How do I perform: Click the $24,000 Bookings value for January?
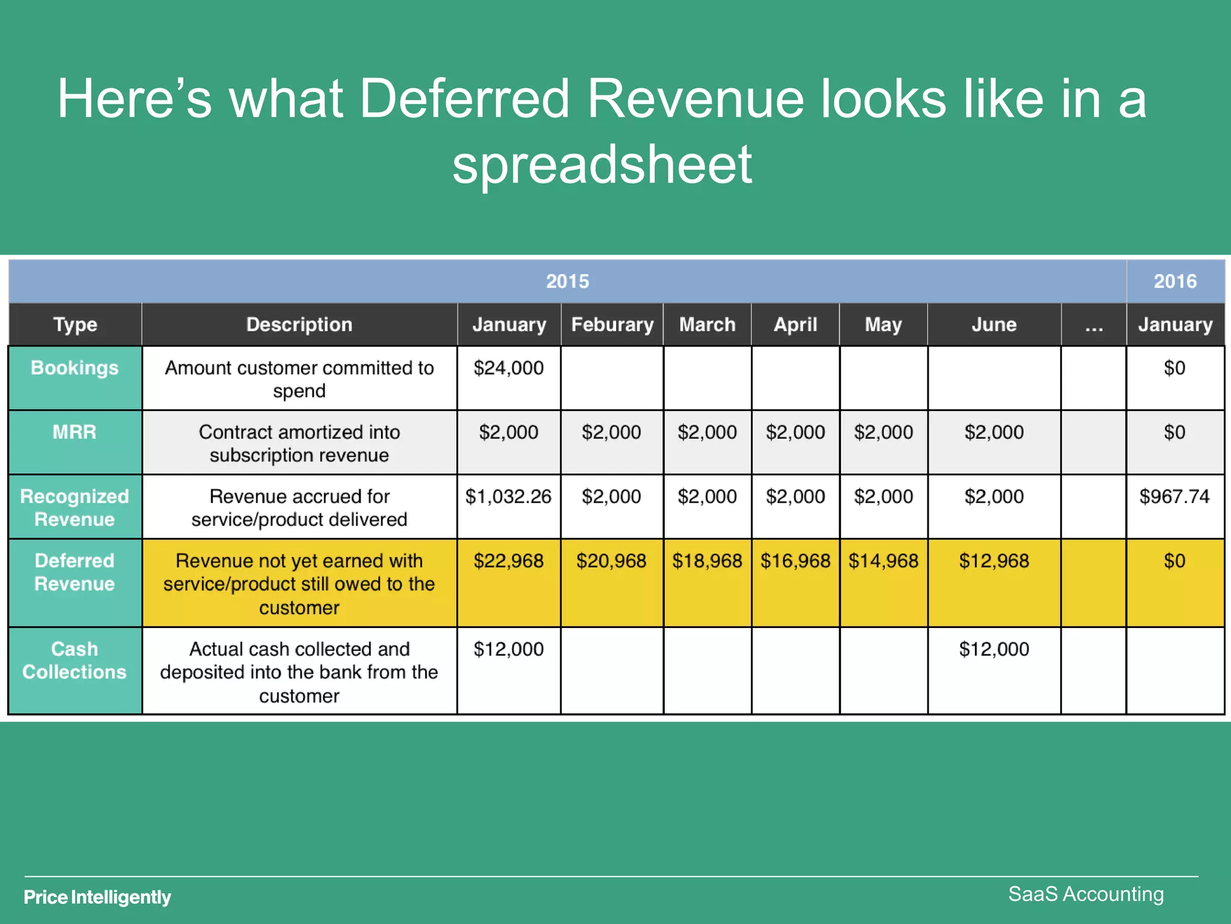509,368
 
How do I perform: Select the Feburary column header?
612,324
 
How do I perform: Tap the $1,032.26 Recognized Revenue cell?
509,496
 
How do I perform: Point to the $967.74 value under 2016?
1174,496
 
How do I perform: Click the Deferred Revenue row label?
75,572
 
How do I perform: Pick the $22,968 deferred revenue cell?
509,561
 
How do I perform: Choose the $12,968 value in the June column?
994,561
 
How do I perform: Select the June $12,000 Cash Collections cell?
994,649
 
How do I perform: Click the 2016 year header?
1175,281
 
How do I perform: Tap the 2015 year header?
567,281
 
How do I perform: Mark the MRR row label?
75,432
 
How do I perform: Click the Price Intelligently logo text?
97,897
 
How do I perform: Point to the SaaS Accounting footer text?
1086,894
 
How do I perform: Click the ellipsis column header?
1094,325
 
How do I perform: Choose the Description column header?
299,324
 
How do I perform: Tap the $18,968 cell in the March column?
707,561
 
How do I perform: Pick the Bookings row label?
75,368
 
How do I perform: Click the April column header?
795,324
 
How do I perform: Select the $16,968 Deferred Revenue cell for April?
795,561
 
